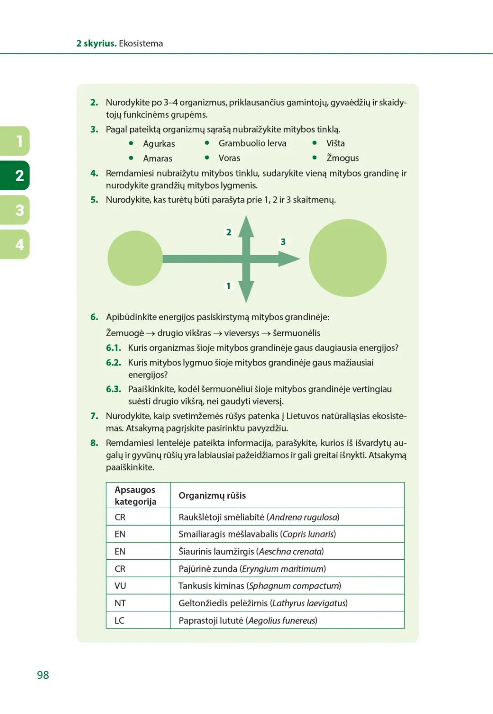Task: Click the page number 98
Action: click(x=43, y=675)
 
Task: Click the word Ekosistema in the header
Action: click(x=141, y=43)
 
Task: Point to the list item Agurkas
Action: click(x=159, y=144)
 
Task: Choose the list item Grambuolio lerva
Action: click(x=252, y=143)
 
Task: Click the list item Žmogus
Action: click(x=342, y=158)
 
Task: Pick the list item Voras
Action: click(x=229, y=158)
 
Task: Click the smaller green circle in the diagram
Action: click(x=135, y=258)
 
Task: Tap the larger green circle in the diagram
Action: click(x=347, y=258)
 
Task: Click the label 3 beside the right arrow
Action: click(x=283, y=242)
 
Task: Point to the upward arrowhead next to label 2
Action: click(x=246, y=226)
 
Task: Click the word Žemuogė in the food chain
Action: click(x=125, y=333)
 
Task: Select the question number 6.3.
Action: click(x=114, y=389)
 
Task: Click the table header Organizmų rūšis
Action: click(x=212, y=495)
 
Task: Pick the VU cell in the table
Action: click(x=120, y=586)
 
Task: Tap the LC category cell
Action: click(x=120, y=620)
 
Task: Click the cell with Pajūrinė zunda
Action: click(x=252, y=569)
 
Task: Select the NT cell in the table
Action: click(x=120, y=603)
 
